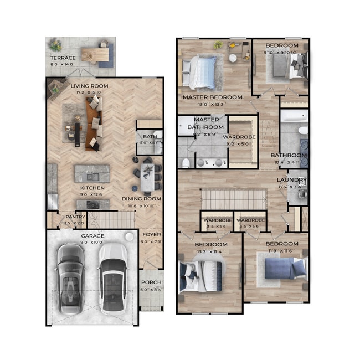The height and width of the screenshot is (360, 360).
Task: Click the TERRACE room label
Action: click(63, 58)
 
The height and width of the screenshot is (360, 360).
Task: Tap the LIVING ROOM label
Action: click(89, 86)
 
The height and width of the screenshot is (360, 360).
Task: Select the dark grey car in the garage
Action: click(70, 276)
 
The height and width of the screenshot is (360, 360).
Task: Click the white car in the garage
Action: click(112, 277)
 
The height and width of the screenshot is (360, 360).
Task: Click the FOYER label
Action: click(150, 234)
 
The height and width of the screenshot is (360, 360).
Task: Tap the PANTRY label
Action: click(75, 217)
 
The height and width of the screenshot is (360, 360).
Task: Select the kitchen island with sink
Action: click(92, 173)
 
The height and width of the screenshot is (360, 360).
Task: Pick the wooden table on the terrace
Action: click(95, 54)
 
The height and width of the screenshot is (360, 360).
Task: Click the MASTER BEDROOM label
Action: click(213, 97)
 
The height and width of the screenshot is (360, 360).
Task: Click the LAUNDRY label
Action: click(292, 180)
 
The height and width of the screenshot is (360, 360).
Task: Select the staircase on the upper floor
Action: click(233, 198)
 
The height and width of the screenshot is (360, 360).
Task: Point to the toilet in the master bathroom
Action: click(186, 162)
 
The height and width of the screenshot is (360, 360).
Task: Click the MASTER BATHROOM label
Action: click(206, 124)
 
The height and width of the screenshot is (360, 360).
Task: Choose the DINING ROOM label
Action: click(141, 199)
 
